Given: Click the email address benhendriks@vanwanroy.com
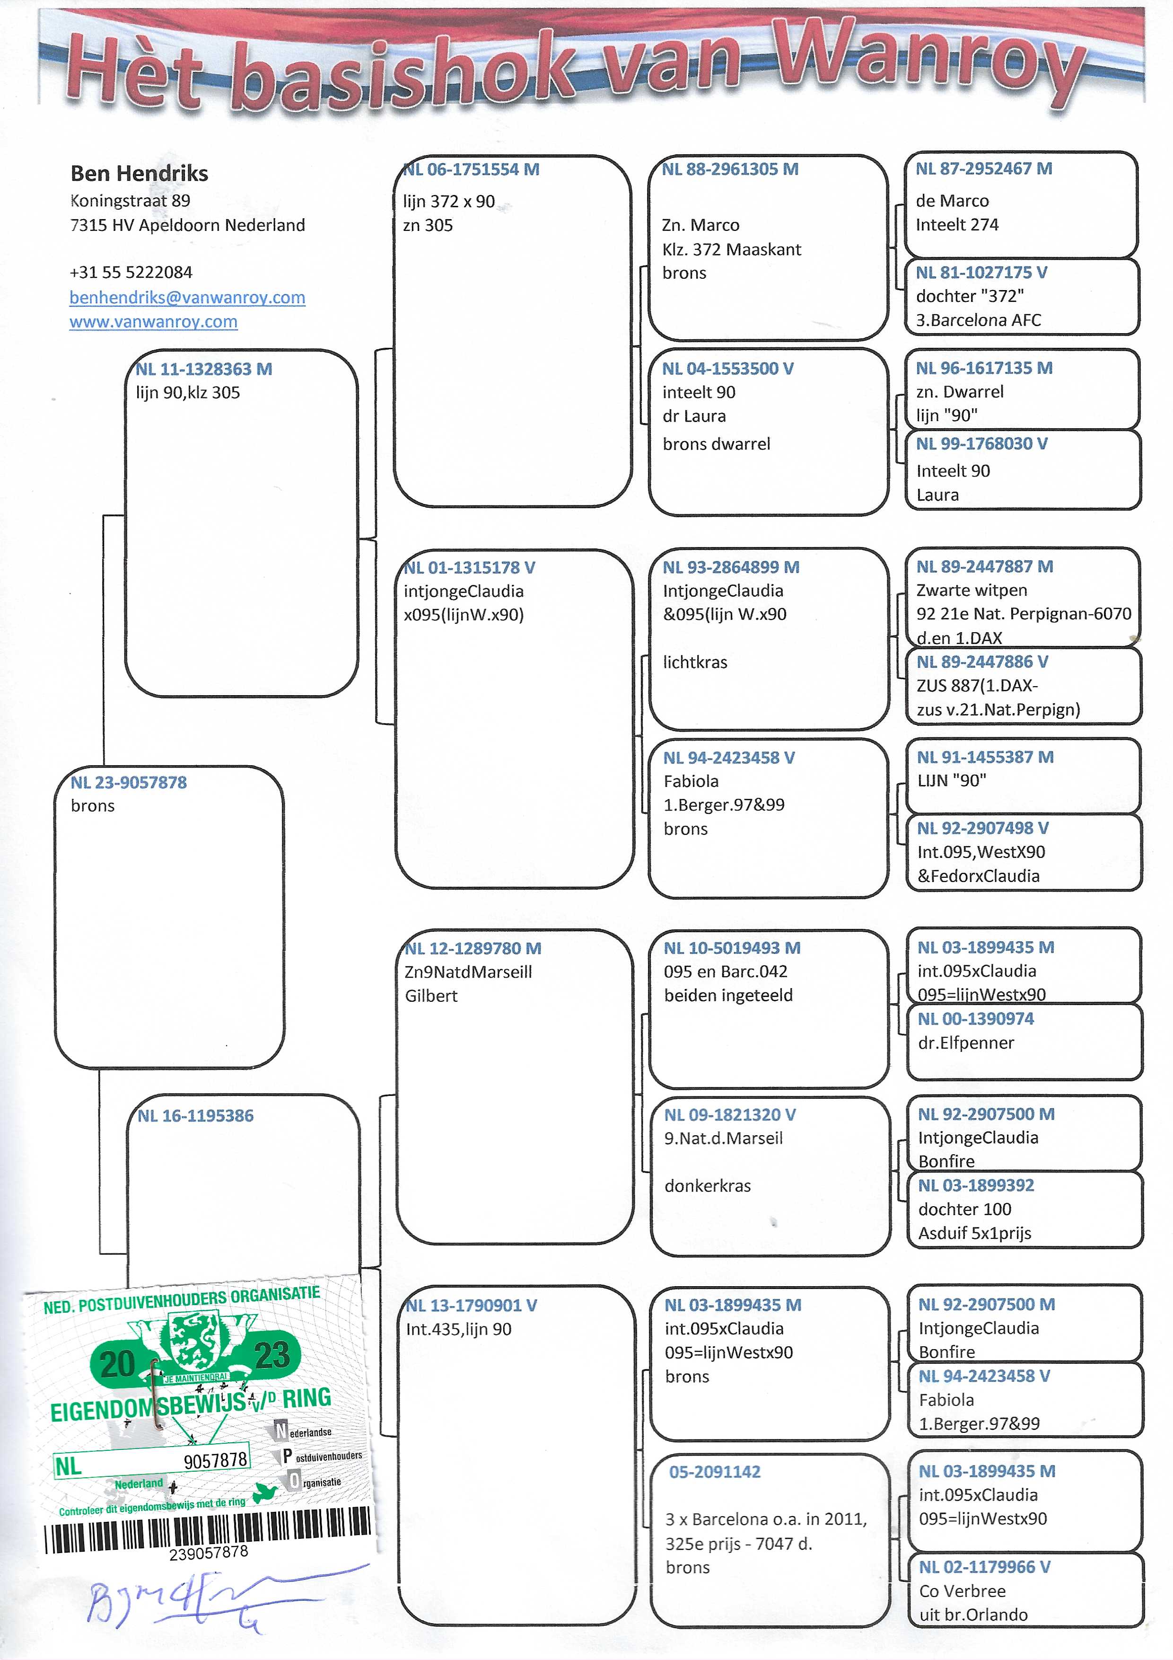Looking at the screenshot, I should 187,297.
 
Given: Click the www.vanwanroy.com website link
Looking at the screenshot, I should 153,322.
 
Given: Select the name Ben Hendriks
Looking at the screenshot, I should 139,174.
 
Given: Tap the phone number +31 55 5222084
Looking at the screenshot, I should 131,273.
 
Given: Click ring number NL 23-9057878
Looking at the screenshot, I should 129,782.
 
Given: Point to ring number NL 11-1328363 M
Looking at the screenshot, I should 204,369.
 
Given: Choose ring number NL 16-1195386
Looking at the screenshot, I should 195,1116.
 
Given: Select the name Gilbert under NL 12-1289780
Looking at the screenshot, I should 431,996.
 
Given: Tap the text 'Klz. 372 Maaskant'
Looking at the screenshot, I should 731,249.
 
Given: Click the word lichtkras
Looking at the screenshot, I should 695,662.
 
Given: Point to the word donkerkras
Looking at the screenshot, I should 708,1186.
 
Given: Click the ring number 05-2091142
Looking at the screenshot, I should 715,1471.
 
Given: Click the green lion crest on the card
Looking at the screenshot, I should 192,1342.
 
